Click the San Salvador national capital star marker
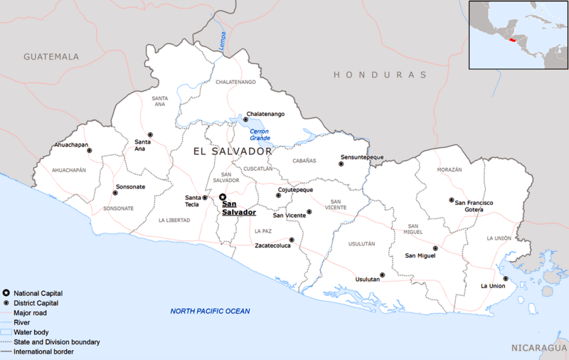pos(222,197)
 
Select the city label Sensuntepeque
pos(362,157)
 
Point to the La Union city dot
pos(505,278)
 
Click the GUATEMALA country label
pos(51,56)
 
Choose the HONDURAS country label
pos(380,74)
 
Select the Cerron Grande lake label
pos(260,134)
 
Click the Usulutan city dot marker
pos(382,275)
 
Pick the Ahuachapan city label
pos(72,145)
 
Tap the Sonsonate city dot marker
pos(115,193)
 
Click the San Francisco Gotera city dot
pos(450,201)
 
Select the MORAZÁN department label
pos(450,170)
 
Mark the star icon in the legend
pos(6,293)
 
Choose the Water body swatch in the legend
pos(6,332)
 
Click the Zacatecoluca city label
pos(277,245)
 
